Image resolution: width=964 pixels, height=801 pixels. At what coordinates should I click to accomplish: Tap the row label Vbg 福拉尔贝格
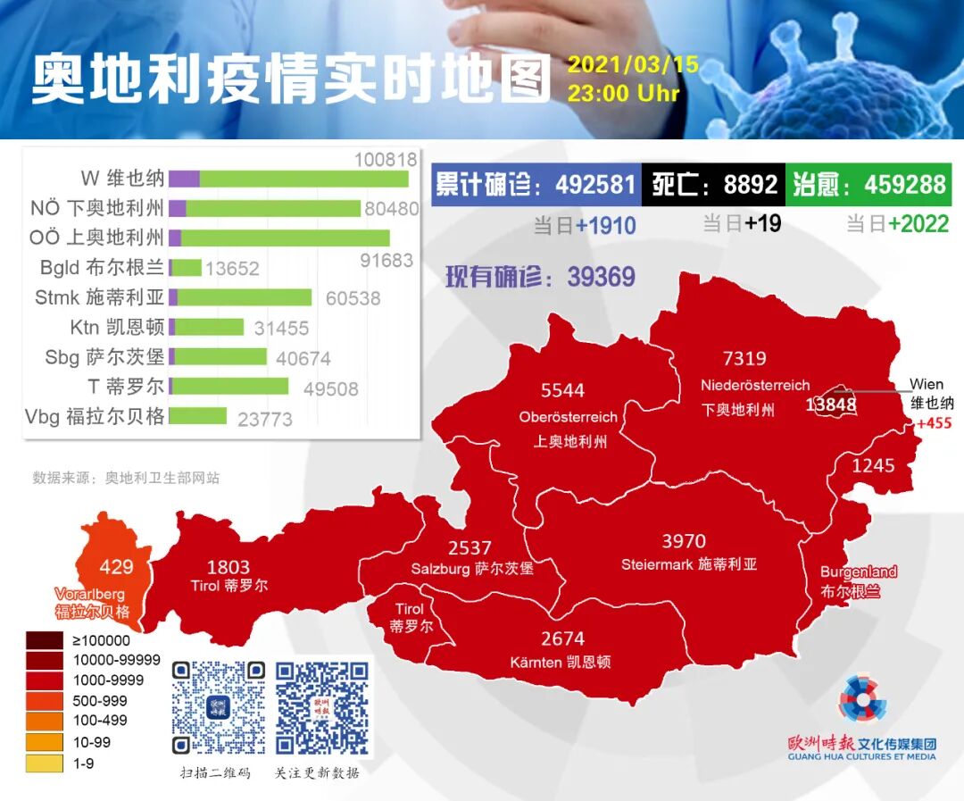click(95, 416)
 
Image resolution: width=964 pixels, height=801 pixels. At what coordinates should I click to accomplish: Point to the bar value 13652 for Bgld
click(232, 268)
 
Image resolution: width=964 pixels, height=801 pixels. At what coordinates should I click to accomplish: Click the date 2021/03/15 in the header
click(632, 66)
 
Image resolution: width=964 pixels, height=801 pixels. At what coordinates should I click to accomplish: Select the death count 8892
click(750, 185)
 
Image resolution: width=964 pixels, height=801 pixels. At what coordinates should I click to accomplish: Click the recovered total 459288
click(904, 185)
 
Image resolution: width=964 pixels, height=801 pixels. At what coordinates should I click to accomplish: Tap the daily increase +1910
click(605, 224)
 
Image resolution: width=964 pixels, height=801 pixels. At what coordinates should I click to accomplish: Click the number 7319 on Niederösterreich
click(744, 359)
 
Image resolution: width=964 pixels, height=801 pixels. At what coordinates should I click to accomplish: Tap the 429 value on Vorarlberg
click(116, 567)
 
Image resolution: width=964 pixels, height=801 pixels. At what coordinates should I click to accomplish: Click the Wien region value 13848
click(830, 405)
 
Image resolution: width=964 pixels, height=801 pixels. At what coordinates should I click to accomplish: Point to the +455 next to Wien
click(934, 423)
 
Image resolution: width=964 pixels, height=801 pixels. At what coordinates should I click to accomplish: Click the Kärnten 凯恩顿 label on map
click(561, 663)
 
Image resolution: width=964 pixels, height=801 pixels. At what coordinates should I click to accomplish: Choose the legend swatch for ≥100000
click(45, 640)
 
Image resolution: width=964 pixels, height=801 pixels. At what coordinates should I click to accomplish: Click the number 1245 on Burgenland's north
click(872, 465)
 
